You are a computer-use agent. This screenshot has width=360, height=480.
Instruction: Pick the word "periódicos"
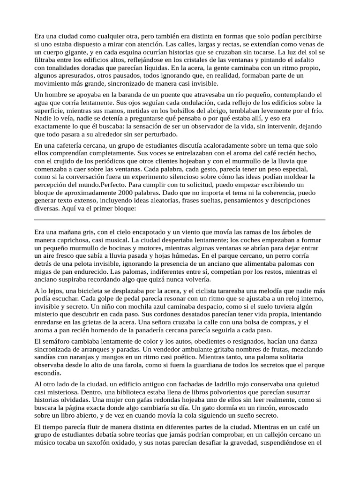coord(84,161)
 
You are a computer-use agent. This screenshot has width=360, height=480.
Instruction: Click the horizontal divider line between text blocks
coord(180,219)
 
